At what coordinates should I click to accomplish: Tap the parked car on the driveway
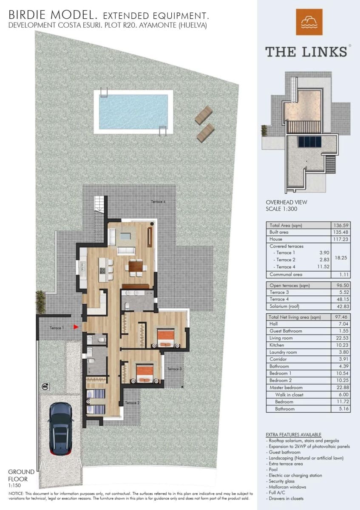[61, 428]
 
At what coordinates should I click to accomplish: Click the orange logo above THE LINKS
[309, 22]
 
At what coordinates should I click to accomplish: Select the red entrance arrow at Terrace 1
[75, 327]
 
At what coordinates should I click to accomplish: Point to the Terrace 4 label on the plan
[158, 201]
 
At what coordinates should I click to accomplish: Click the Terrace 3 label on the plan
[174, 369]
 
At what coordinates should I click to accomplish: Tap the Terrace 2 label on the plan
[132, 403]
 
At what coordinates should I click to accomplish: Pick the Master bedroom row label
[286, 388]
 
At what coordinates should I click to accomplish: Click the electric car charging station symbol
[45, 386]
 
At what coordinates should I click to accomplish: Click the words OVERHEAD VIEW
[286, 202]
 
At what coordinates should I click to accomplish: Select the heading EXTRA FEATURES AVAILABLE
[293, 434]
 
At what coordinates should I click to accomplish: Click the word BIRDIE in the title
[28, 16]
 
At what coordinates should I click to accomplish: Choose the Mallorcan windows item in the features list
[288, 487]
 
